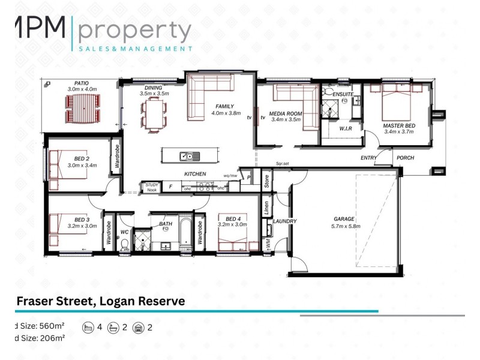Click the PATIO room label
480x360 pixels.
[82, 83]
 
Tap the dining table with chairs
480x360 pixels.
[154, 113]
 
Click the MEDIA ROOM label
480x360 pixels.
[286, 113]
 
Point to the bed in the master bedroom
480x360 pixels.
[397, 101]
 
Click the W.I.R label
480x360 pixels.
[345, 128]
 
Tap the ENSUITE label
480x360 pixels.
[343, 94]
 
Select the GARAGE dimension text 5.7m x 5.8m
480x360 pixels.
[344, 227]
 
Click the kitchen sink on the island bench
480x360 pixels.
[187, 157]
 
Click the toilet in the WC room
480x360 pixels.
[125, 244]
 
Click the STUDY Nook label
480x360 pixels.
[151, 187]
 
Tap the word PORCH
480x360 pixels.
[406, 158]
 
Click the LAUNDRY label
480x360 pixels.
[285, 221]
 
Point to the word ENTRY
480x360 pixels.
[368, 158]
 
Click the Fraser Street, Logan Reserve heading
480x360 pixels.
[100, 301]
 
